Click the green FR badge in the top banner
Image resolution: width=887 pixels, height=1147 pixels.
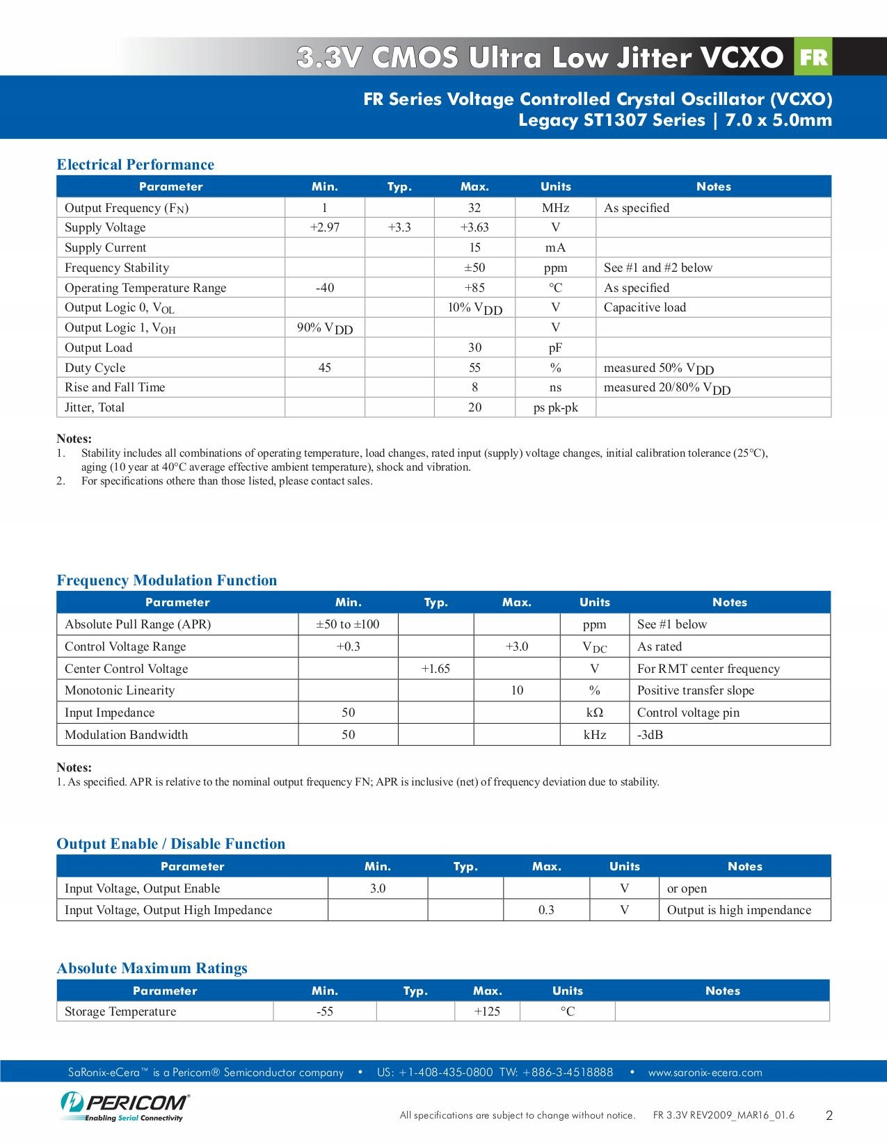point(813,58)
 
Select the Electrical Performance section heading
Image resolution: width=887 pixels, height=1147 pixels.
point(135,165)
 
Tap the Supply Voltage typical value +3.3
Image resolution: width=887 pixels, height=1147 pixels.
point(399,227)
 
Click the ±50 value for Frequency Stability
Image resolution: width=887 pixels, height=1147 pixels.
point(474,268)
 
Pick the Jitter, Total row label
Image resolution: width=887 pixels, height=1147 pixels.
point(95,407)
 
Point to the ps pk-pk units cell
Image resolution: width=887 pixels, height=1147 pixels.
point(555,407)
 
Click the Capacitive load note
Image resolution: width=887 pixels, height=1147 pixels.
point(644,307)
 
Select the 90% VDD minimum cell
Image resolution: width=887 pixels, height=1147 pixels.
point(324,328)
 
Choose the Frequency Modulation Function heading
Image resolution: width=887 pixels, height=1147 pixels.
point(166,580)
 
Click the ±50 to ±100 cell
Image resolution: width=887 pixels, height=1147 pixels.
point(348,624)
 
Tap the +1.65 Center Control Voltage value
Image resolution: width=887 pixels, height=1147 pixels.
point(435,669)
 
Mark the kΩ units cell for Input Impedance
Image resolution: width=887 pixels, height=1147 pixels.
point(594,713)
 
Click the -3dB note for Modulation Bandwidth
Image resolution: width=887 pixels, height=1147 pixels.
point(650,735)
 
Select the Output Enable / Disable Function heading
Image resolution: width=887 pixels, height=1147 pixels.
point(170,844)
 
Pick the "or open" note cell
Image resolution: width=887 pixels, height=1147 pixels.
point(687,888)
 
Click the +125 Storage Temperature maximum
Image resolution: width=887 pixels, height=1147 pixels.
point(487,1011)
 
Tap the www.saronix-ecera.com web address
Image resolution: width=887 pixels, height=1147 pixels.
point(705,1073)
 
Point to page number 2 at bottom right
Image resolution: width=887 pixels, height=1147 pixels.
point(829,1116)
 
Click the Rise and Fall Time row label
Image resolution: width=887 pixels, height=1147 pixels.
point(115,387)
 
